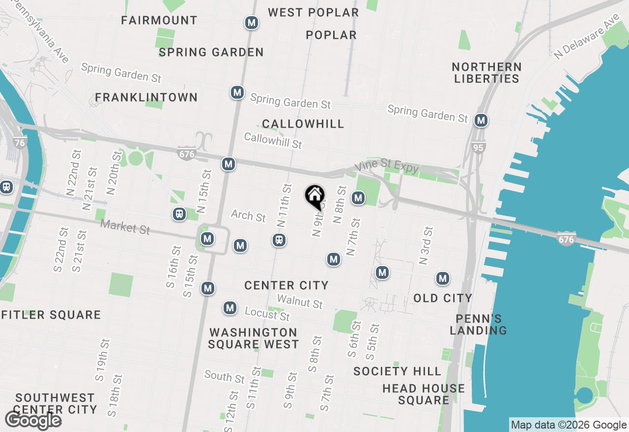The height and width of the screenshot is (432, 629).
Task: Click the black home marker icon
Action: pyautogui.click(x=314, y=197)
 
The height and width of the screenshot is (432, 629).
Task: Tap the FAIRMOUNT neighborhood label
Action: pyautogui.click(x=159, y=20)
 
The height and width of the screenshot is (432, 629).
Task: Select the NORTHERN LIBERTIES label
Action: pyautogui.click(x=486, y=73)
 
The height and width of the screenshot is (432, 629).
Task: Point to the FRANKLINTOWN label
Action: pyautogui.click(x=146, y=97)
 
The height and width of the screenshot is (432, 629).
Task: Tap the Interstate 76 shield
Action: pyautogui.click(x=20, y=143)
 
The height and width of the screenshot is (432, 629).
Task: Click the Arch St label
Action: pyautogui.click(x=248, y=215)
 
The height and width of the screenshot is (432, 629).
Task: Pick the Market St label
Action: pyautogui.click(x=125, y=227)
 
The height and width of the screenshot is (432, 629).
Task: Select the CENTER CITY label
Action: pyautogui.click(x=286, y=285)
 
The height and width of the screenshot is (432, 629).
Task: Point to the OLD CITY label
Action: pyautogui.click(x=443, y=298)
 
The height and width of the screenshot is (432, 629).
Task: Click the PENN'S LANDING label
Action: pyautogui.click(x=478, y=324)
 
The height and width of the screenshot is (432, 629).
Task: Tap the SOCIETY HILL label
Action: pyautogui.click(x=397, y=371)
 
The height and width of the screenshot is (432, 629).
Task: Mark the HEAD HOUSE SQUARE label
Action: pyautogui.click(x=424, y=394)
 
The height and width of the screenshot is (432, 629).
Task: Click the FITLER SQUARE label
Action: pyautogui.click(x=51, y=315)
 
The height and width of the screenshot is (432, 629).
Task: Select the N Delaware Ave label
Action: pyautogui.click(x=587, y=36)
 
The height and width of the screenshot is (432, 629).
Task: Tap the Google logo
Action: pyautogui.click(x=33, y=420)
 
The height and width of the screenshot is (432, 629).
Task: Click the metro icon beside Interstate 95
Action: pyautogui.click(x=481, y=120)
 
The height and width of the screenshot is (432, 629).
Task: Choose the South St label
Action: pyautogui.click(x=224, y=377)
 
